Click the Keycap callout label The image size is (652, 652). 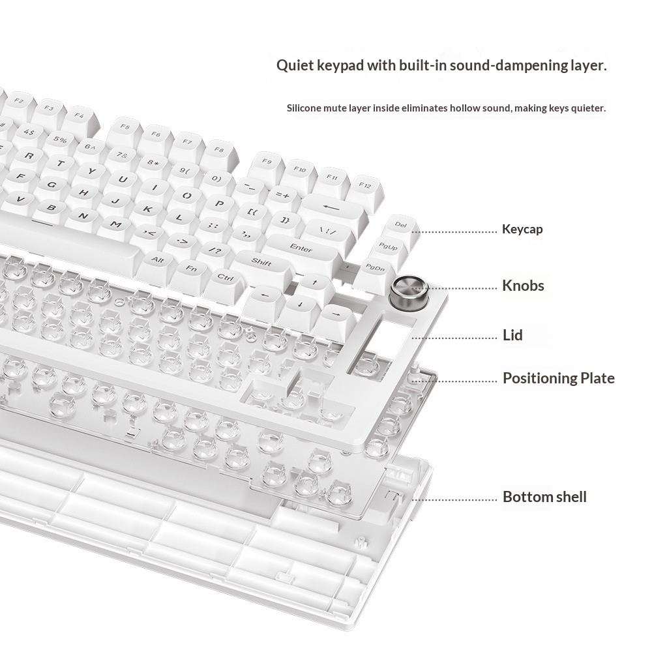[x=522, y=229]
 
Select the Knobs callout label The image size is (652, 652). [x=522, y=286]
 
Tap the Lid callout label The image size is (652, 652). [x=512, y=335]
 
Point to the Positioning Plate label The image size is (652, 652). [x=558, y=378]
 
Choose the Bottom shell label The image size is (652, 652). [x=544, y=497]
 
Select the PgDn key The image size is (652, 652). [x=375, y=267]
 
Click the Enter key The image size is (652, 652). [x=301, y=248]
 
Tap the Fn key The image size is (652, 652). [x=192, y=267]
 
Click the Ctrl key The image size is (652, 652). [x=226, y=277]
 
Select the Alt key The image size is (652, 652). [x=157, y=259]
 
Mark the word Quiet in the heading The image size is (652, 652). [x=294, y=65]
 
